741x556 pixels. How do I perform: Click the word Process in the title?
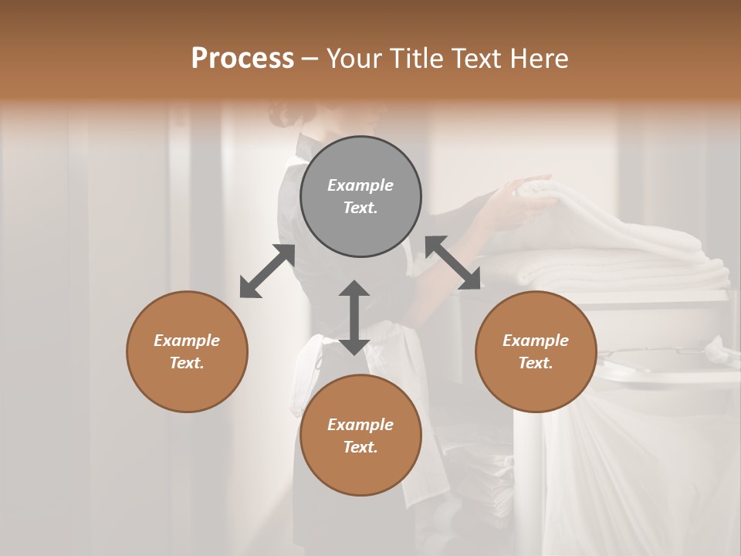tap(242, 59)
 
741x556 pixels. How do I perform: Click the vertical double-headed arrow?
tap(354, 317)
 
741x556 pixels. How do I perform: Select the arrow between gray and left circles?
tap(267, 271)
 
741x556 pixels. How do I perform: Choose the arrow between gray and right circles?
tap(453, 263)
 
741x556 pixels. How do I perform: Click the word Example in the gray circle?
tap(360, 185)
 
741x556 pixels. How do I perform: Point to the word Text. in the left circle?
tap(187, 363)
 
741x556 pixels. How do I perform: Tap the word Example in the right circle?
tap(536, 341)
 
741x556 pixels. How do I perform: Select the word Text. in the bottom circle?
tap(360, 447)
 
